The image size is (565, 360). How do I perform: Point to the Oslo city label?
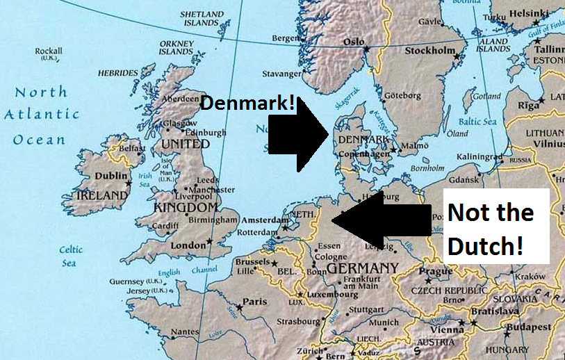(x=354, y=42)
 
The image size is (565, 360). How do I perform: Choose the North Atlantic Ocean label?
(x=42, y=115)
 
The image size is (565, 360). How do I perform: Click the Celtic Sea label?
(x=71, y=256)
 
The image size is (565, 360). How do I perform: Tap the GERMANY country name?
(x=362, y=268)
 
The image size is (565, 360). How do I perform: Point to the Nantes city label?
(x=185, y=332)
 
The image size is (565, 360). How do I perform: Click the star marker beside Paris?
(x=240, y=304)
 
